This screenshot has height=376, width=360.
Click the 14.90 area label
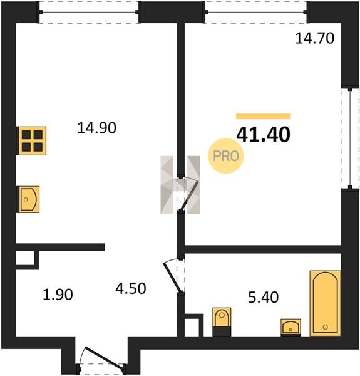coord(97,128)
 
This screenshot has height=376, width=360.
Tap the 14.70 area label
coord(314,38)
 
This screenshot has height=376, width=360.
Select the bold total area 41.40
coord(263,134)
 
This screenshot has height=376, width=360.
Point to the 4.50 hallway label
coord(130,288)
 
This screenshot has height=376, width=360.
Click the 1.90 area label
coord(58,295)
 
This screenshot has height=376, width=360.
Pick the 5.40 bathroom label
coord(263,297)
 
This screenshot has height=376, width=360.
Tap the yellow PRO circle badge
coord(225,156)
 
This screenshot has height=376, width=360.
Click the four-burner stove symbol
coord(32,141)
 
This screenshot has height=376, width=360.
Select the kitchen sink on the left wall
coord(29,199)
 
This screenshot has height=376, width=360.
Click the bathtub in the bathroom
coord(325,303)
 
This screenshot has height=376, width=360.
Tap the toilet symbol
coord(222,322)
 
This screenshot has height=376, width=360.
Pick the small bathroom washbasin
coord(291,327)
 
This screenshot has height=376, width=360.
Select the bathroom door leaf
coord(172,278)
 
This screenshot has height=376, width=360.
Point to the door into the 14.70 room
coord(190,196)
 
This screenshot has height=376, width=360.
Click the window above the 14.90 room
coord(89,13)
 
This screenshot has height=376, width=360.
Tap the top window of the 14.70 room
coord(256,13)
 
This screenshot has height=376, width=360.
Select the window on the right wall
coord(350,138)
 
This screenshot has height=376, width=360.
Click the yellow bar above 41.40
coord(263,117)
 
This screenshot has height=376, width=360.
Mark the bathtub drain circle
coord(325,327)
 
